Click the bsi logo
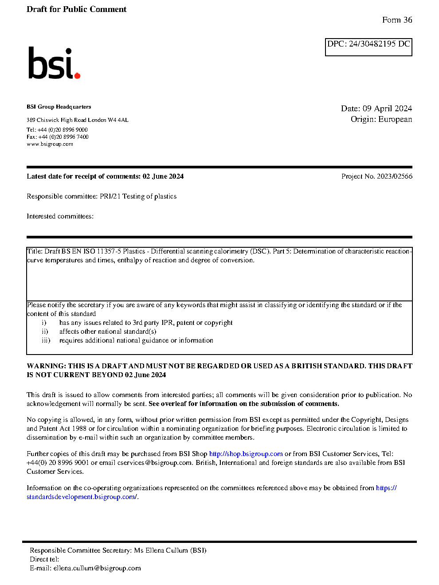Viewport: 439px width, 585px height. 54,63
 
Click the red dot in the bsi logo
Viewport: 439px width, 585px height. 78,76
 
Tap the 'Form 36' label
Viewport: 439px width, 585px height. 397,20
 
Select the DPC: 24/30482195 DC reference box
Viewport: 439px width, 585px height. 368,47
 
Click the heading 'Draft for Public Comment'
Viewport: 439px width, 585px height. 76,9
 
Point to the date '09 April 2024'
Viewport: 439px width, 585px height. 387,109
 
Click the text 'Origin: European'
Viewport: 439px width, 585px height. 381,119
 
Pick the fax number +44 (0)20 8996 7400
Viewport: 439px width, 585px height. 63,137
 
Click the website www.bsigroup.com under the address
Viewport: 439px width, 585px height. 50,144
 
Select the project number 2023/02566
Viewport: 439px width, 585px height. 394,176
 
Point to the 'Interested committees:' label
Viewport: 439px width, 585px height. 60,216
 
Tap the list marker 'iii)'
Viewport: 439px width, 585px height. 46,340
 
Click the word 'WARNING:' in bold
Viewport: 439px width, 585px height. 46,366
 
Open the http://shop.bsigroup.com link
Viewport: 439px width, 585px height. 246,454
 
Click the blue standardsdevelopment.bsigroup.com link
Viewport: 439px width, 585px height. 82,497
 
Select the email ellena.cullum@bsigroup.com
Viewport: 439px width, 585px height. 97,568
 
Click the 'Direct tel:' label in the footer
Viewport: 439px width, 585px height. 44,559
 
